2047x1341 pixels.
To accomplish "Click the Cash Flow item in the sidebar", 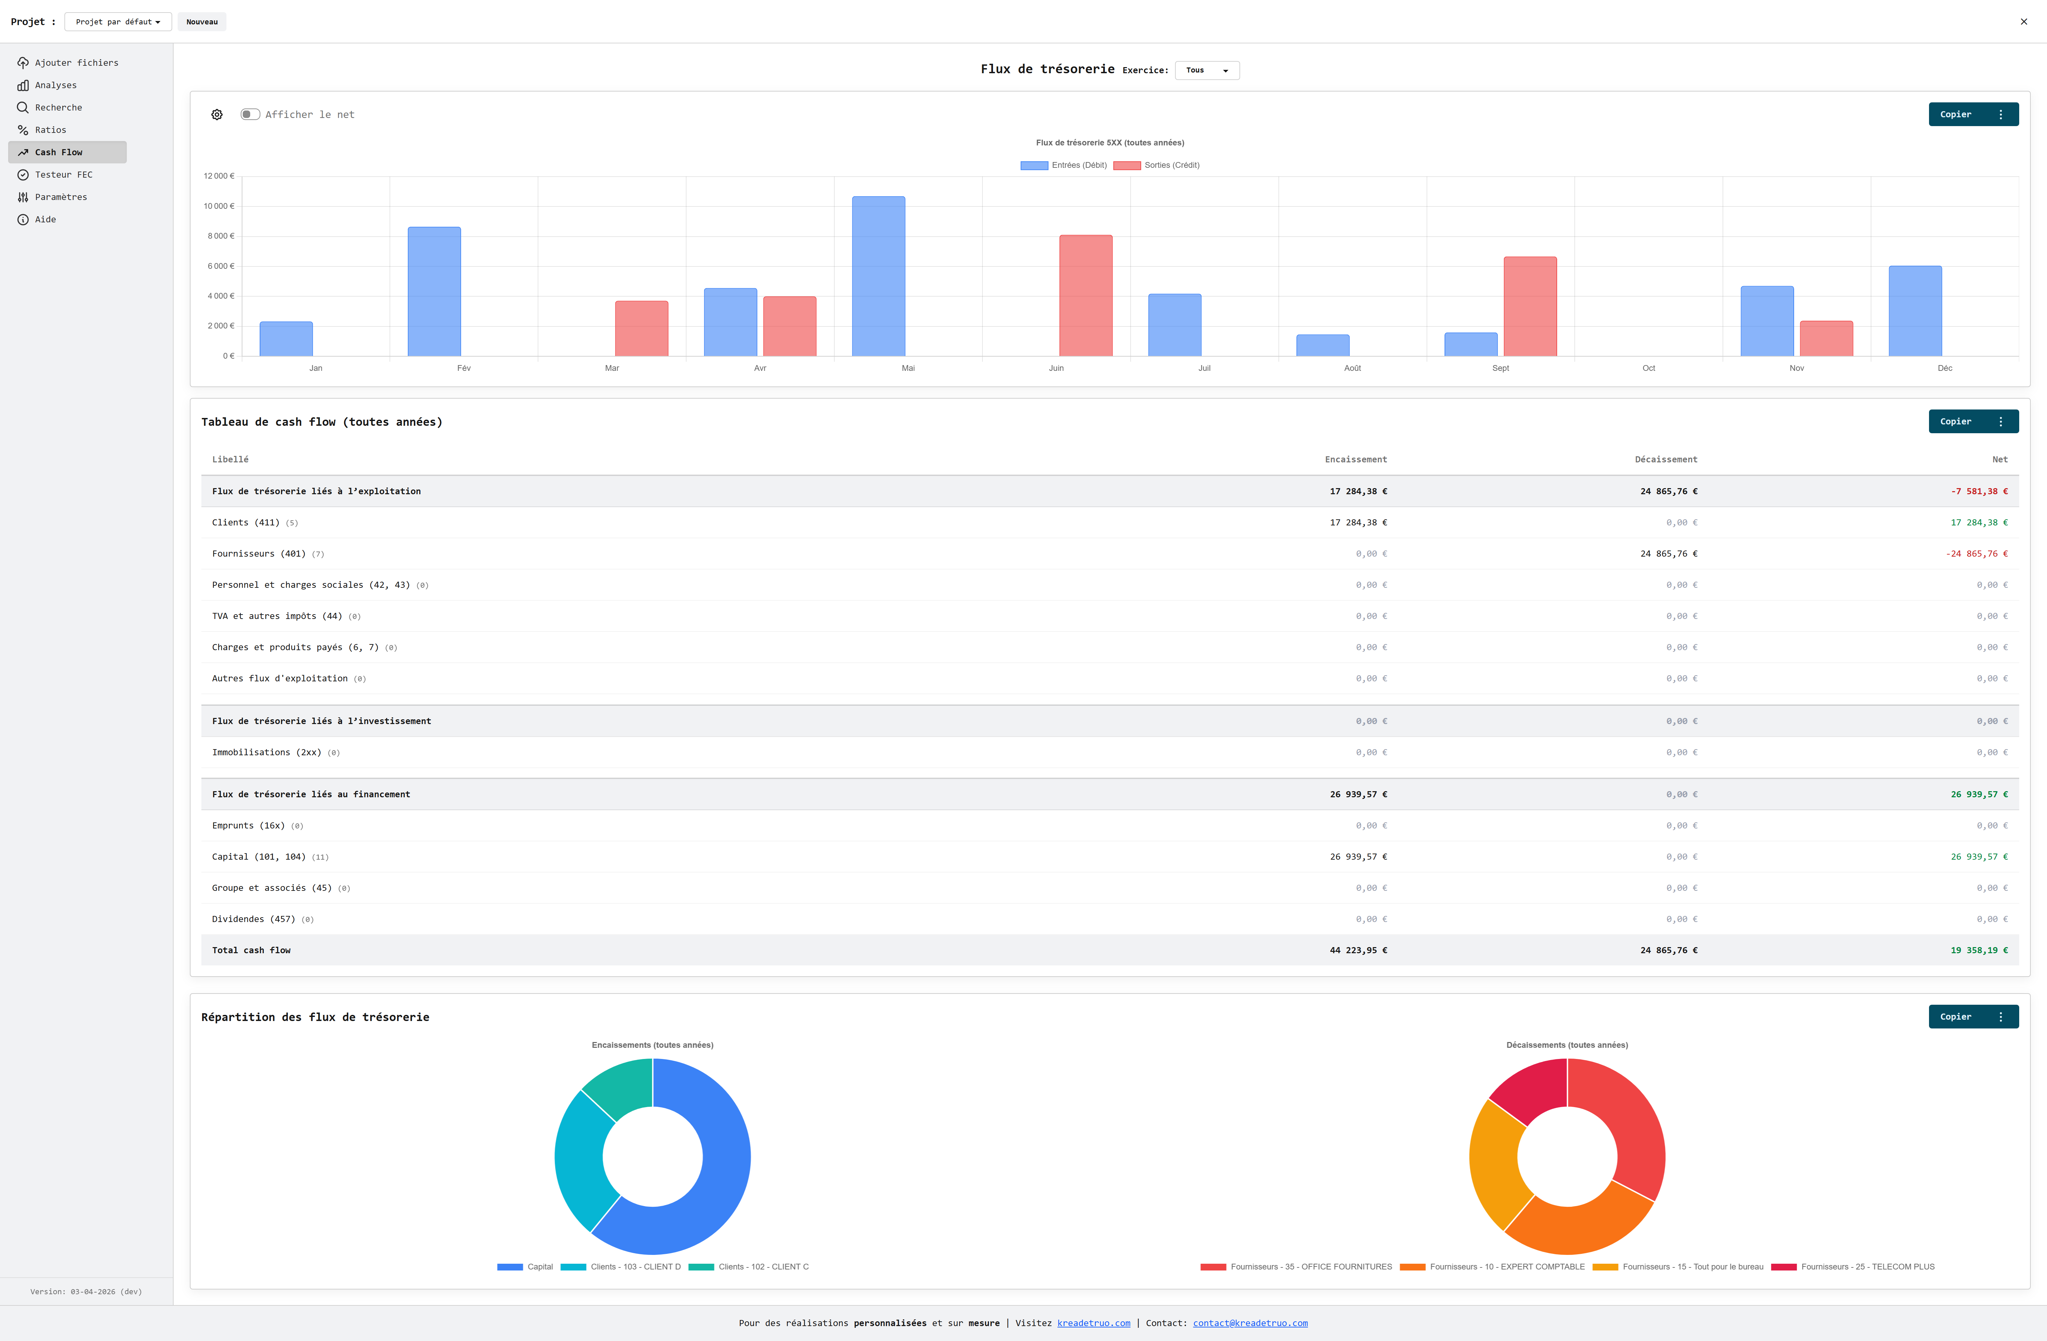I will [59, 152].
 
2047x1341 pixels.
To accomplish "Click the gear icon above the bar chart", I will [217, 114].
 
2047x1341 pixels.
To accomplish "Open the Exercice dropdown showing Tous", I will [1207, 71].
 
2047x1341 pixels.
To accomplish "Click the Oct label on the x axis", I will [1648, 368].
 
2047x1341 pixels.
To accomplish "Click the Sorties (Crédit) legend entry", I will [1157, 165].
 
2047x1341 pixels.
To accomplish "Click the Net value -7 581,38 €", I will [1979, 491].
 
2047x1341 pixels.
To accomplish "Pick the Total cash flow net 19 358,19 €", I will [1978, 950].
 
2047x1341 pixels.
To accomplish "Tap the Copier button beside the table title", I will [1955, 421].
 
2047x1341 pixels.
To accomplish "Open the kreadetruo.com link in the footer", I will [1093, 1323].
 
